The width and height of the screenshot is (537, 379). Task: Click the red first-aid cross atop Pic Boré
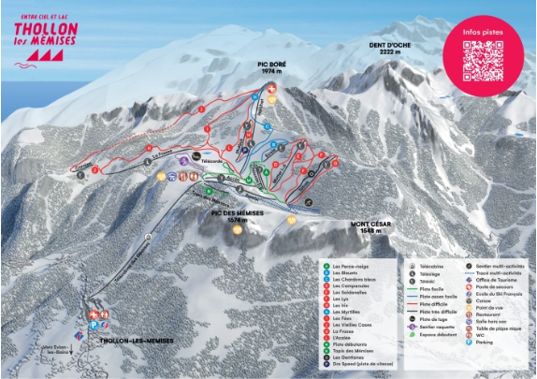click(272, 85)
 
